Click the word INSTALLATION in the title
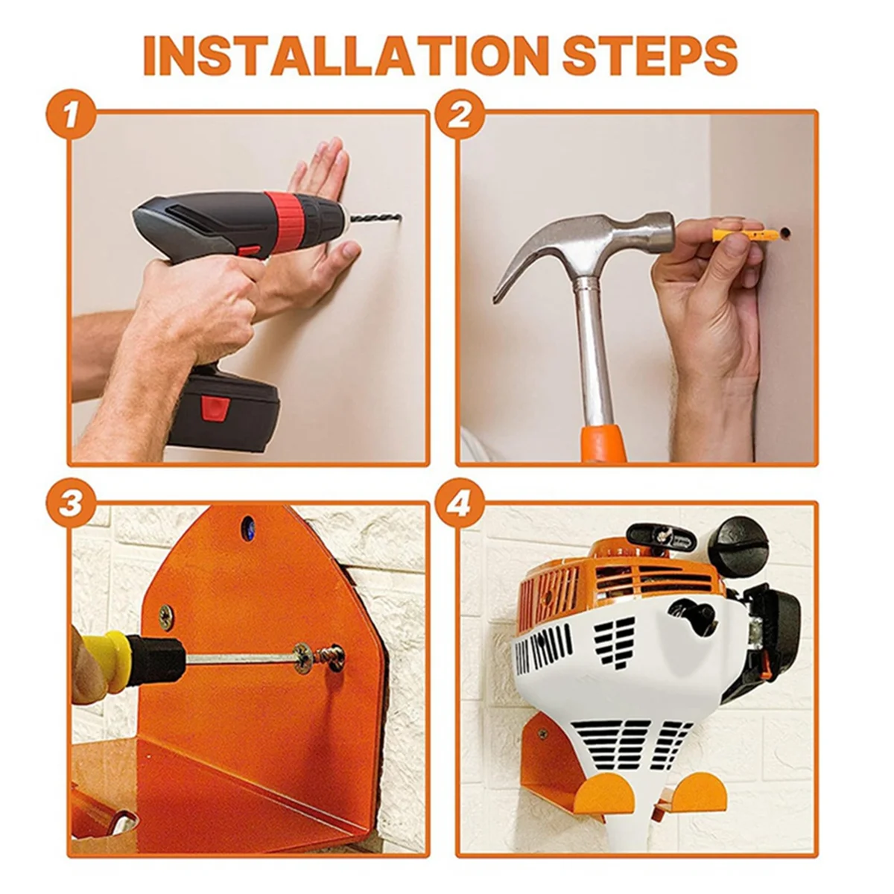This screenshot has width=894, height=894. [349, 56]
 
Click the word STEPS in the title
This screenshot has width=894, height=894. [650, 56]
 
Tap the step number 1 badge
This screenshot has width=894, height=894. [71, 114]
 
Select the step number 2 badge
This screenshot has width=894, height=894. [460, 114]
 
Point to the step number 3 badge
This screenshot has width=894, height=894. [71, 503]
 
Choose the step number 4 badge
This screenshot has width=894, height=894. [460, 503]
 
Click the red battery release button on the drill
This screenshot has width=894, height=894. [215, 408]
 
